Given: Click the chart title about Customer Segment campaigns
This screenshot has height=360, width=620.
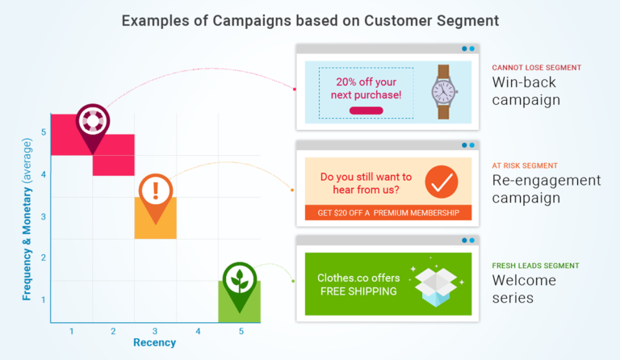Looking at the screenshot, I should (x=311, y=20).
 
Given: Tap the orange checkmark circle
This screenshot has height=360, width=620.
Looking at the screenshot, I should (x=441, y=182).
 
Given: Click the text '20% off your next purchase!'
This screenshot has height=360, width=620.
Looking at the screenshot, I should (x=368, y=88).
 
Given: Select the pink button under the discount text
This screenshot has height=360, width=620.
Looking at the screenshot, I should (x=366, y=111).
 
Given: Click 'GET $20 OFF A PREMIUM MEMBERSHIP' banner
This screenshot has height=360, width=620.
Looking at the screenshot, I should (x=388, y=213).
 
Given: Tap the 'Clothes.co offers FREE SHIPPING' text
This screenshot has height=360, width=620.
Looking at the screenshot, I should (x=358, y=284).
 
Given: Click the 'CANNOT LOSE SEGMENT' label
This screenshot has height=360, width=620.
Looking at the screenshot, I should (x=536, y=68).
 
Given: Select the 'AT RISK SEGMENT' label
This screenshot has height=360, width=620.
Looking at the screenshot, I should (x=525, y=165).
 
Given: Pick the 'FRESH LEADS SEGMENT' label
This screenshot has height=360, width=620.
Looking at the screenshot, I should (x=535, y=266).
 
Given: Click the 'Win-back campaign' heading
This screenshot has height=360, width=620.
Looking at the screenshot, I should (x=526, y=91).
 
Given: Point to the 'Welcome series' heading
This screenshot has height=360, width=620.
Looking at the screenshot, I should (x=524, y=289).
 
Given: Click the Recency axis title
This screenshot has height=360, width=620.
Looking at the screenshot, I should (x=154, y=343).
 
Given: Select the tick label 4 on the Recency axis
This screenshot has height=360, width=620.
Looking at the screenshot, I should (x=198, y=331).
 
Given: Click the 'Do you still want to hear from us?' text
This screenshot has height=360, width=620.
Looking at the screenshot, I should (x=366, y=183).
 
